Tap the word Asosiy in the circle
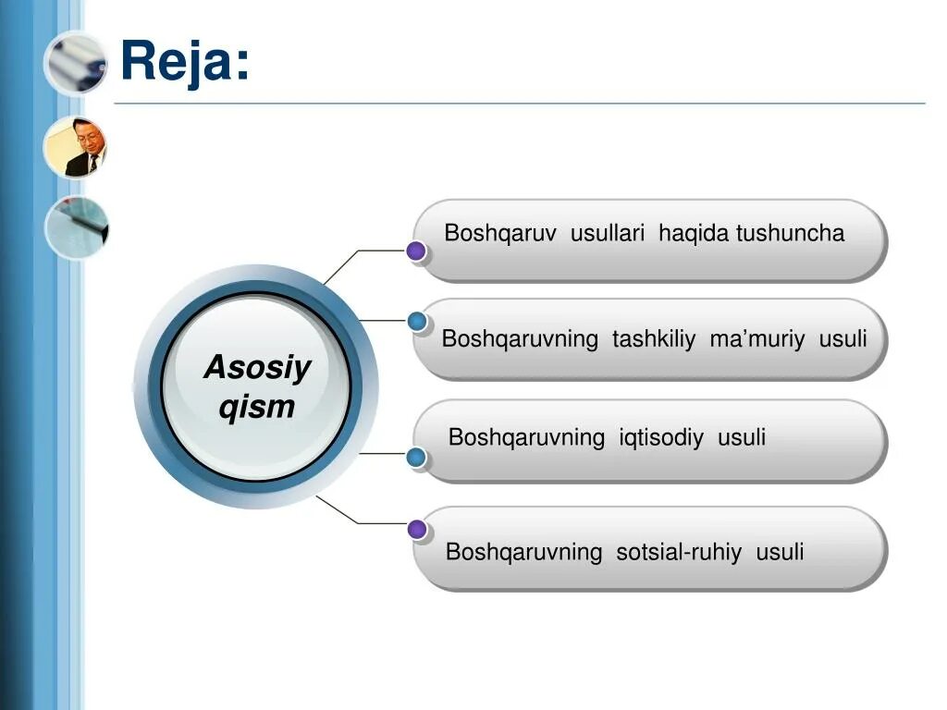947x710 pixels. click(257, 368)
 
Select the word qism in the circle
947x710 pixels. click(257, 407)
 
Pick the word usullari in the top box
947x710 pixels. click(607, 233)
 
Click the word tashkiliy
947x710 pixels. click(654, 339)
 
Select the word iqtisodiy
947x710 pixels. click(661, 437)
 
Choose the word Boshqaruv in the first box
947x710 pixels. click(500, 233)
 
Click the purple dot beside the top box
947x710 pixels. click(416, 251)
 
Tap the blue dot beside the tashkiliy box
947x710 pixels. click(417, 322)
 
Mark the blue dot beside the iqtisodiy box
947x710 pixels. click(417, 456)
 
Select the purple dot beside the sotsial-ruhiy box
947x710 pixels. click(417, 530)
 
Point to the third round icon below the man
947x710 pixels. click(77, 226)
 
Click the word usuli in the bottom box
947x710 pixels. click(780, 553)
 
